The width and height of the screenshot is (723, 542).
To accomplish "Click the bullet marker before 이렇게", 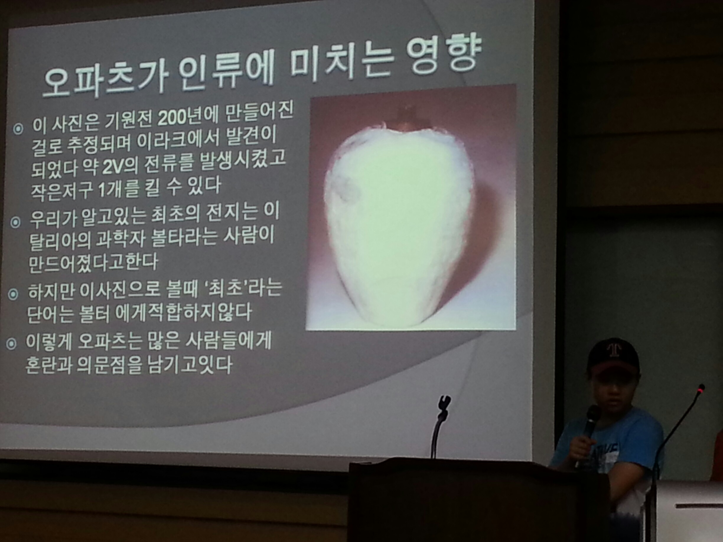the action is pyautogui.click(x=12, y=344).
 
